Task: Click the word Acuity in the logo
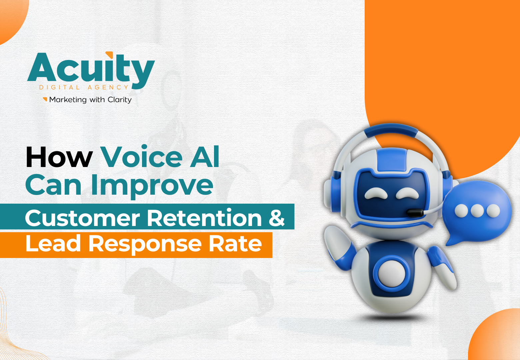click(x=91, y=70)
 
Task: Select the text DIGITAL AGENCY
click(x=84, y=88)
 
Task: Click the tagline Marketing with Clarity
click(x=90, y=100)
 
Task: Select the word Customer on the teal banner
click(x=82, y=218)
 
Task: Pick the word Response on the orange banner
click(x=145, y=245)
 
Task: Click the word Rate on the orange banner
click(x=235, y=244)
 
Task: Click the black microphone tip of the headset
click(x=415, y=213)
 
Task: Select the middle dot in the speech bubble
click(x=477, y=211)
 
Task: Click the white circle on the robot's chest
click(x=392, y=273)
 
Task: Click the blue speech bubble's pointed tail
click(x=453, y=240)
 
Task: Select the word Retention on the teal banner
click(x=205, y=218)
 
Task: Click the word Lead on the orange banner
click(x=53, y=243)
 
